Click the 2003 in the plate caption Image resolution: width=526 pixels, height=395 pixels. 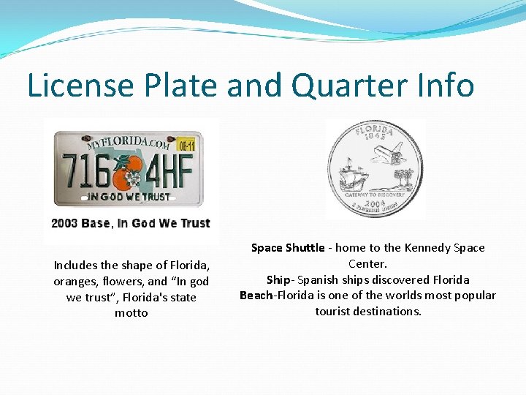point(66,223)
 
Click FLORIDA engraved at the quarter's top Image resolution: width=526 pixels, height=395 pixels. point(374,131)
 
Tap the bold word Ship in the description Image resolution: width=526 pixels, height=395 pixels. point(278,279)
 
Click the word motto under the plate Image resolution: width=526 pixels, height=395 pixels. point(131,313)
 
